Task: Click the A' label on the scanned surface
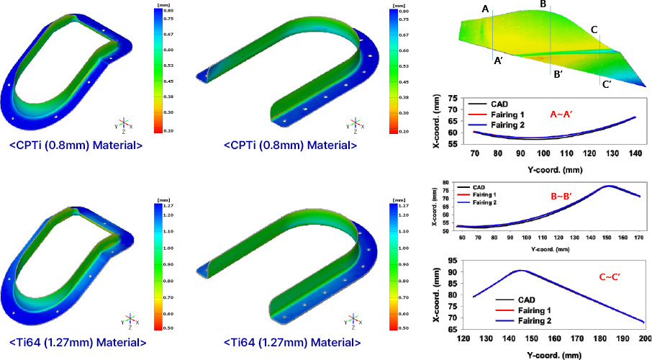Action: pos(498,62)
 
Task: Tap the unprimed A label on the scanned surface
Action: pos(486,9)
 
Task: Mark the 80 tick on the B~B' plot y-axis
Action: pos(446,183)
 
